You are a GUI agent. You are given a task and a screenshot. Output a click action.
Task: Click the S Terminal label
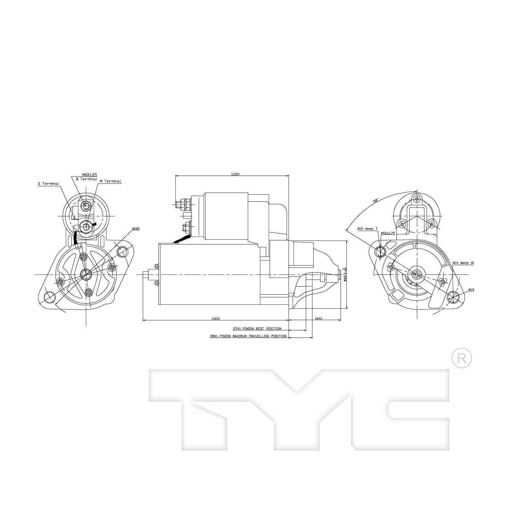pos(48,184)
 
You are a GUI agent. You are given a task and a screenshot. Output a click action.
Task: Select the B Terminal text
pos(86,179)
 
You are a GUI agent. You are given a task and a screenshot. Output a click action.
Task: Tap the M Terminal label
pos(110,181)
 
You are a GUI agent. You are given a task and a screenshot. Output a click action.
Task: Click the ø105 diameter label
pos(135,229)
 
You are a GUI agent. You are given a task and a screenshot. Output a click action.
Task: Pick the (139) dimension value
pos(235,174)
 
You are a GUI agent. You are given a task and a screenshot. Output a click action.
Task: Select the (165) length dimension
pos(216,318)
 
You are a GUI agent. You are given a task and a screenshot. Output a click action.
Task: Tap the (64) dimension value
pos(319,318)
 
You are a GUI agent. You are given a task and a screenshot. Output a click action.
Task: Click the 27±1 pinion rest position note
pos(257,328)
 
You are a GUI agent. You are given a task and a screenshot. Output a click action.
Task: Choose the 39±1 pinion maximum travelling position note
pos(248,336)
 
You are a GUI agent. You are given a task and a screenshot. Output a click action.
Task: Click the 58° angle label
pos(376,201)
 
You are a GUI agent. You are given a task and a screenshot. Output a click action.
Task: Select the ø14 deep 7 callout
pos(367,229)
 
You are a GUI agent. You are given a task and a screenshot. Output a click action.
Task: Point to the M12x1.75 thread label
pos(388,233)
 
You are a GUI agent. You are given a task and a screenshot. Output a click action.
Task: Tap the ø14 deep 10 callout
pos(463,263)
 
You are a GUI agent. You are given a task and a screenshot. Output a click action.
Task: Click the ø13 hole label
pos(471,289)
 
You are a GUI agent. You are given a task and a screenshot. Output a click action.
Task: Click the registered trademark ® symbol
pos(462,358)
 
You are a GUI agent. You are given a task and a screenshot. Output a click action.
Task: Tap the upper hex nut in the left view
pos(87,206)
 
